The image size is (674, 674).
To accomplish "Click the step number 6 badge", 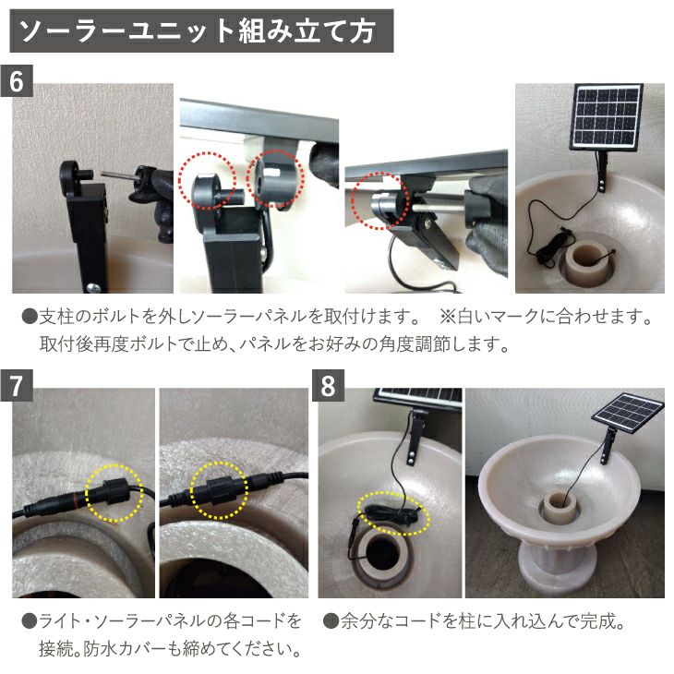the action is point(17,81).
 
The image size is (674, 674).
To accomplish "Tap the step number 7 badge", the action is point(17,386).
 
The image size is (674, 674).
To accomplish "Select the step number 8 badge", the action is point(328,386).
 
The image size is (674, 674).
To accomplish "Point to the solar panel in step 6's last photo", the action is point(607,117).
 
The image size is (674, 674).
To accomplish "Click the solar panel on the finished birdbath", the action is point(628,413).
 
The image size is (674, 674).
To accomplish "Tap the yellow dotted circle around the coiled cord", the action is point(393,513).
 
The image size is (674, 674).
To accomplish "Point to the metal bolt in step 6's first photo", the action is point(119,175).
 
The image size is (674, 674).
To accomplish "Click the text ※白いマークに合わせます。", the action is point(546,318).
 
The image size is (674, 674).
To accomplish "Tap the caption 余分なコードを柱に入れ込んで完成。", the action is point(474,621).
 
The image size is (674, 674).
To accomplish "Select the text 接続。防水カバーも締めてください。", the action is point(170,649).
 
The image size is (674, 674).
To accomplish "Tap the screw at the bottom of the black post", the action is point(93,288).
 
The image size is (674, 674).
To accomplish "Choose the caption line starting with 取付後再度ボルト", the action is point(274,343).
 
